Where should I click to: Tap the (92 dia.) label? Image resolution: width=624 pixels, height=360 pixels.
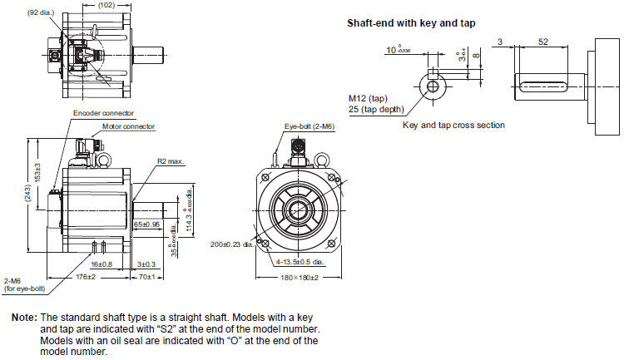pos(42,13)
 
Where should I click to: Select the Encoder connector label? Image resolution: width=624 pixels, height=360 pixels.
pos(104,112)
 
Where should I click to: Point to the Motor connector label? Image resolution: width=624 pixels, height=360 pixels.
pos(129,127)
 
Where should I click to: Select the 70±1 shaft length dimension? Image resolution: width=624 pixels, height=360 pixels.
pos(147,276)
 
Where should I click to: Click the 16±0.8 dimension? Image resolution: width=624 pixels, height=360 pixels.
pos(102,263)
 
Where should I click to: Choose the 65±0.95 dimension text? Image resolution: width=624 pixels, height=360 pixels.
pos(147,225)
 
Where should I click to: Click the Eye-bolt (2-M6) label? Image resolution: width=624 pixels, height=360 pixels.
pos(309,126)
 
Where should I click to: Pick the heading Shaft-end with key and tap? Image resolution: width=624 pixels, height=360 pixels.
pos(411,23)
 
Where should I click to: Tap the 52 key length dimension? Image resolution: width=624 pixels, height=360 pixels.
pos(542,42)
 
